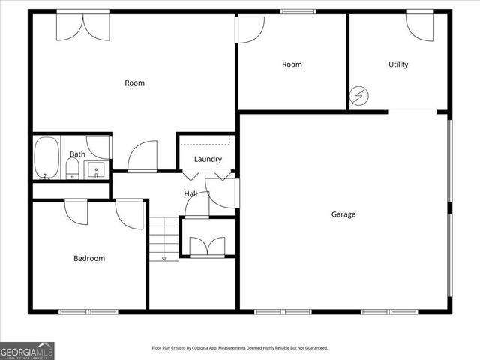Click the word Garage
[343, 214]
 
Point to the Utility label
[398, 64]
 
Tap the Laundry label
[208, 159]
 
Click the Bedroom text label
[88, 259]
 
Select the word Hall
[191, 194]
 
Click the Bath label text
[77, 154]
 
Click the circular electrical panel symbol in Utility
[358, 97]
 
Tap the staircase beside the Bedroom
[164, 238]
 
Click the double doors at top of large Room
[82, 24]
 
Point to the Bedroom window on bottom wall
[88, 311]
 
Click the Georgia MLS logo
[27, 350]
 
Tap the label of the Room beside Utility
[292, 64]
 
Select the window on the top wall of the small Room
[292, 11]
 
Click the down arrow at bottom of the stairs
[163, 259]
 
